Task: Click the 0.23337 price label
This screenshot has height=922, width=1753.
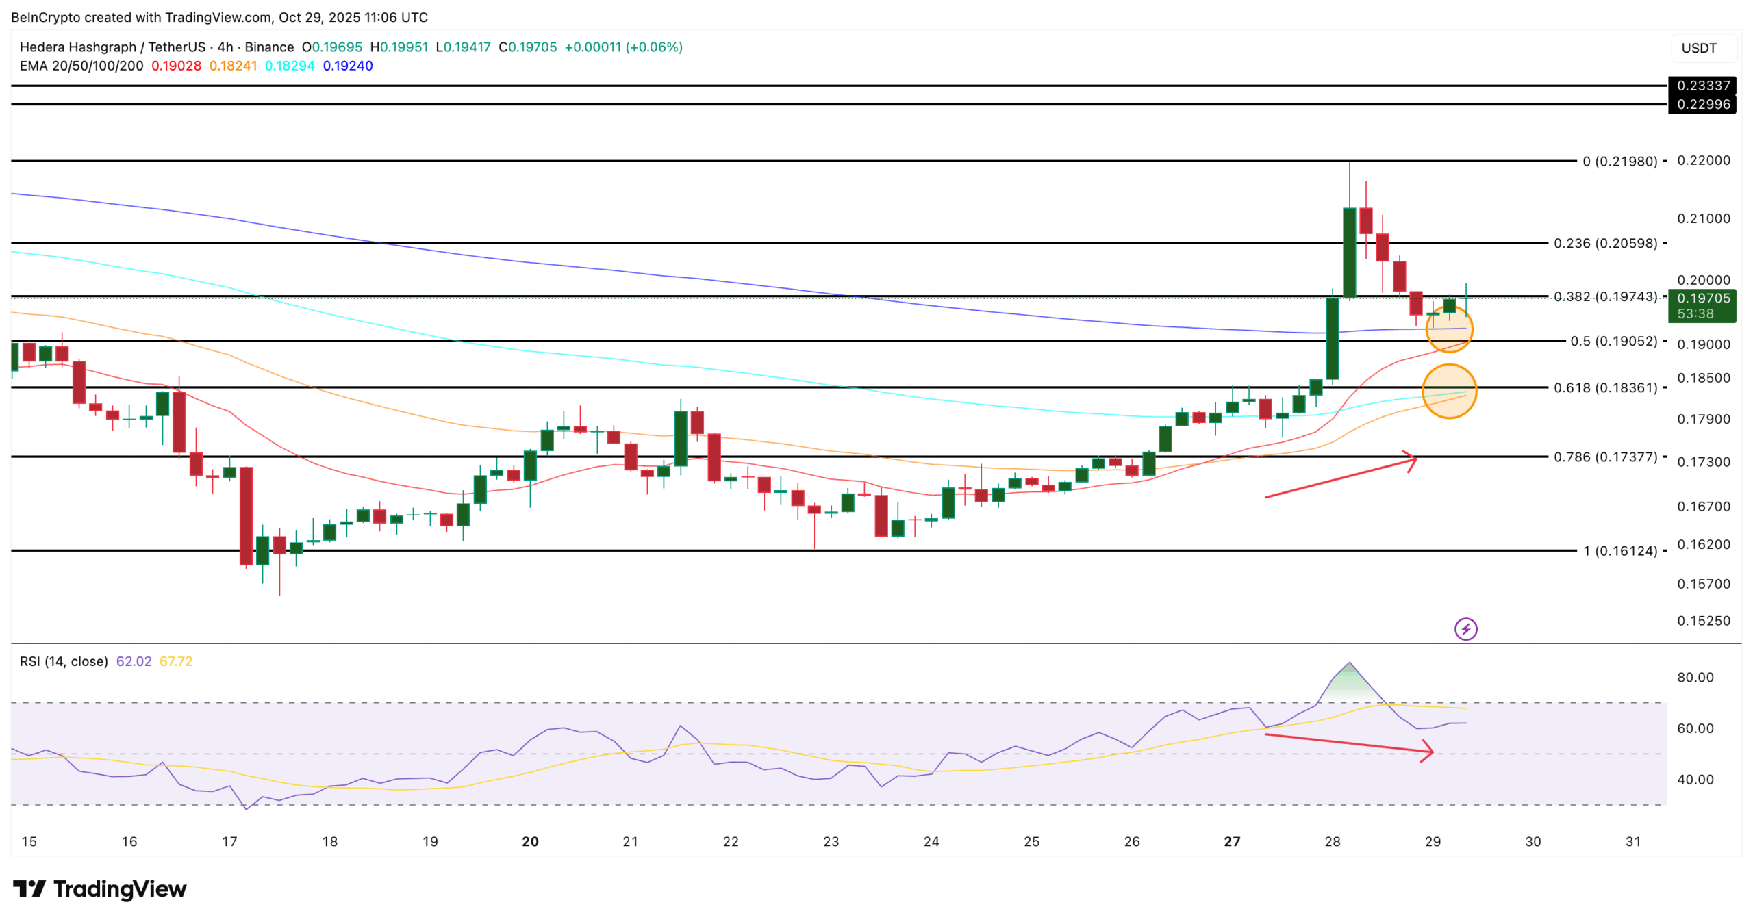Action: (x=1702, y=86)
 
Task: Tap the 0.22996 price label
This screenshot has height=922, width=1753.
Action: (x=1702, y=104)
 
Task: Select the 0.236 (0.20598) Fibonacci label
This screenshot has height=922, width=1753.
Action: (x=1605, y=243)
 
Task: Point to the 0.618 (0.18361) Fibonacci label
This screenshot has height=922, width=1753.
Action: (x=1605, y=387)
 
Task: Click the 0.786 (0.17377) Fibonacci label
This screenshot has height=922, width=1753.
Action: (x=1605, y=457)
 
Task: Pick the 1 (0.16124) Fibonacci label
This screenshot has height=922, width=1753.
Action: (x=1619, y=550)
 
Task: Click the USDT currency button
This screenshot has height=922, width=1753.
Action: (x=1699, y=48)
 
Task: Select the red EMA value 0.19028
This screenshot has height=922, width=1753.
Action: (x=176, y=66)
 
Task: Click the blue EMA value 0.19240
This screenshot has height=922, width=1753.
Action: (x=348, y=66)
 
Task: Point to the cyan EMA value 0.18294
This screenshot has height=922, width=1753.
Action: (x=290, y=66)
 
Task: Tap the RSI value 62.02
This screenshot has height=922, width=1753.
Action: (x=134, y=661)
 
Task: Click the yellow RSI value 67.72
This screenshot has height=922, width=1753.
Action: (x=176, y=661)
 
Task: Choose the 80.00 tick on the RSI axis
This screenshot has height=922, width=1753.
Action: (x=1695, y=677)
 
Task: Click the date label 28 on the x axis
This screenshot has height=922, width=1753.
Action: (x=1332, y=841)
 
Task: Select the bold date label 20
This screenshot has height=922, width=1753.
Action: (x=530, y=841)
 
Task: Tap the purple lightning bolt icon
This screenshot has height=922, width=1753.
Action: (x=1465, y=628)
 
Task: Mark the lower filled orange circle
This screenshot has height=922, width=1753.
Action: (x=1449, y=391)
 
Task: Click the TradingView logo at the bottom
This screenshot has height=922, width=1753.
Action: (x=100, y=888)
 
